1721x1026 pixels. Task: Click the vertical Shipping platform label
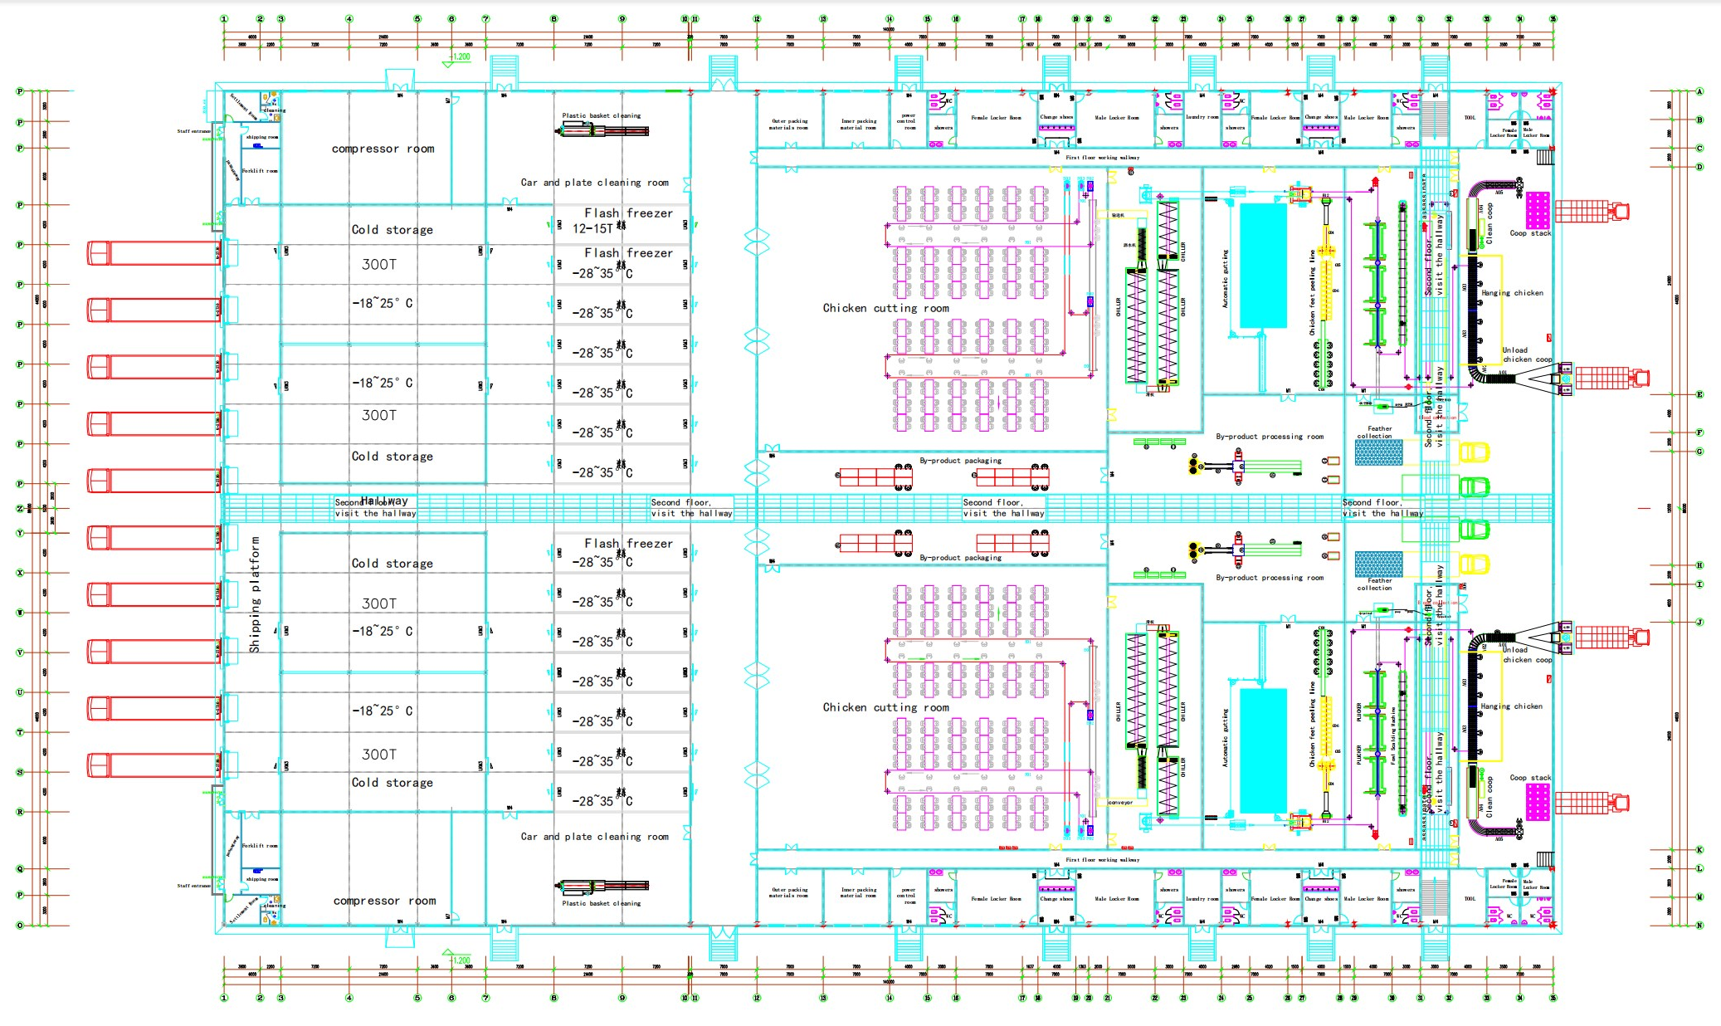[255, 594]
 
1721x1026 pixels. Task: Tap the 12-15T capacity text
[592, 228]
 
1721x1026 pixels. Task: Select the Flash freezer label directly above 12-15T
[628, 213]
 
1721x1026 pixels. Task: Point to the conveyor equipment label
[1120, 803]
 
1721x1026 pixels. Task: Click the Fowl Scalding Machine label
[1393, 735]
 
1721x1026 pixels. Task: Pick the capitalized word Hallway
[384, 501]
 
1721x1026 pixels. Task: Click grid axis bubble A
[1699, 91]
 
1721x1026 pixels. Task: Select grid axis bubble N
[1699, 925]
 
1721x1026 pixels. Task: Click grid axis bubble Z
[20, 509]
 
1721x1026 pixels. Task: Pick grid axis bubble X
[20, 573]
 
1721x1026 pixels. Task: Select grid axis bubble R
[20, 812]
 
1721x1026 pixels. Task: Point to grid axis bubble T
[20, 732]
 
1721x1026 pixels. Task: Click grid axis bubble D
[1699, 167]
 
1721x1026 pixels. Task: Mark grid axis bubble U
[20, 692]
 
